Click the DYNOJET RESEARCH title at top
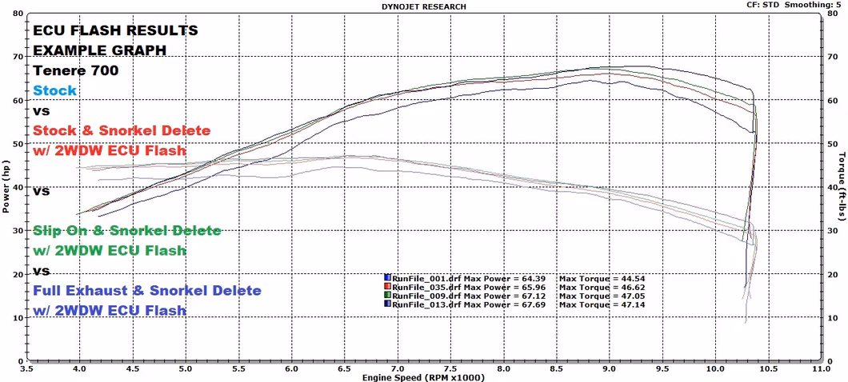point(424,6)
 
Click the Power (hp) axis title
point(7,186)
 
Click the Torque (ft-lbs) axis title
point(842,186)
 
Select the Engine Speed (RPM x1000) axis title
point(423,376)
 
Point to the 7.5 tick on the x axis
point(450,369)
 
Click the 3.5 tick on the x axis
point(26,369)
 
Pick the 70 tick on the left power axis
point(18,58)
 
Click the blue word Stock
point(55,90)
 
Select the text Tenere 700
point(76,70)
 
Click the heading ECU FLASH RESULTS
point(115,30)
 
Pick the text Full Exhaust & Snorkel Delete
point(147,290)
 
